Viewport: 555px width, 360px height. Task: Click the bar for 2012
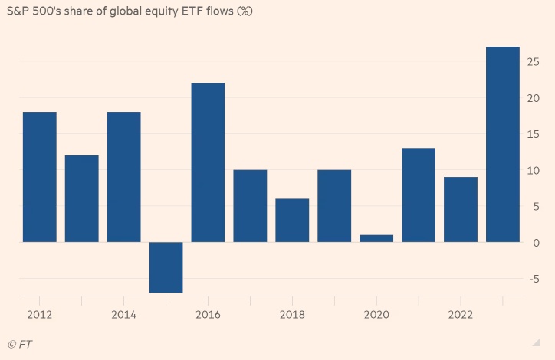tap(39, 177)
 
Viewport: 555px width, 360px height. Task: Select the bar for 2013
tap(81, 198)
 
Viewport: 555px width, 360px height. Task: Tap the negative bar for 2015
tap(166, 267)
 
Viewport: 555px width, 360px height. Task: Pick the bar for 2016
tap(208, 162)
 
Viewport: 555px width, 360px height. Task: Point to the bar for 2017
tap(250, 206)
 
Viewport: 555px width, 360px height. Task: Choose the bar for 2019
tap(334, 206)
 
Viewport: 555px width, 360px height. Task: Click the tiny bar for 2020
tap(376, 238)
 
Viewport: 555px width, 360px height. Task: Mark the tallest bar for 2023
tap(503, 144)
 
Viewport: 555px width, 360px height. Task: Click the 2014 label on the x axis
tap(123, 314)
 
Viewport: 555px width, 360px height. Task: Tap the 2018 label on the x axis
tap(292, 314)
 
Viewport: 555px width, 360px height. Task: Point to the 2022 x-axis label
tap(461, 314)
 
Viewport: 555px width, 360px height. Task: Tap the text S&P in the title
tap(18, 11)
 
